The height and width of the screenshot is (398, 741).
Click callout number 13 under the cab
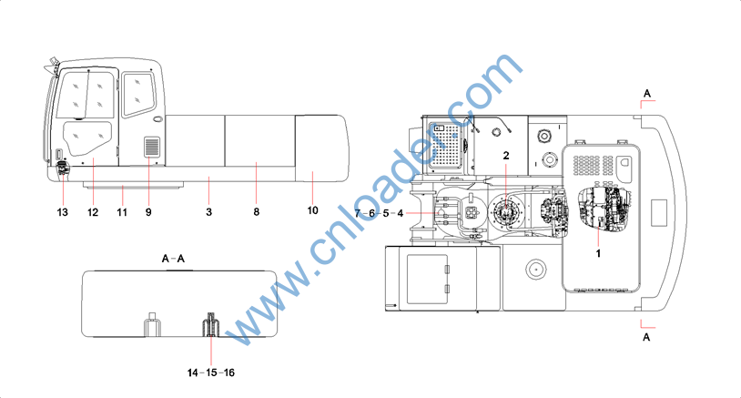(x=63, y=212)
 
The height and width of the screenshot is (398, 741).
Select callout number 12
(x=93, y=212)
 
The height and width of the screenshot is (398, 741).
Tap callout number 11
(x=122, y=212)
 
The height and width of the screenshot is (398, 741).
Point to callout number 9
(x=148, y=212)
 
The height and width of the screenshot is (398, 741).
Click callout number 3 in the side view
(x=208, y=212)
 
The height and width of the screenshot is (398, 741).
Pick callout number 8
(x=256, y=212)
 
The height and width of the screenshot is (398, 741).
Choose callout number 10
(x=313, y=210)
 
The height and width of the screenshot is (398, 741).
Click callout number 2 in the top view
(x=506, y=155)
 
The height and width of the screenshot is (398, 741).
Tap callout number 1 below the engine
(x=598, y=253)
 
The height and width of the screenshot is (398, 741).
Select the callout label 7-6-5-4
(x=379, y=213)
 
